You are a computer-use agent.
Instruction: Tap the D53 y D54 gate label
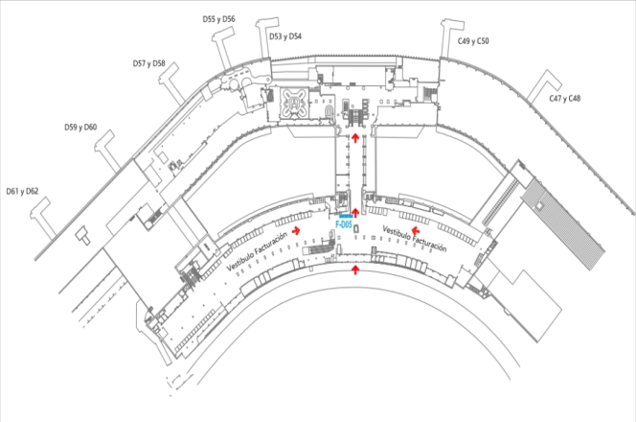(285, 35)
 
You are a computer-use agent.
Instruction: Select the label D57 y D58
(148, 63)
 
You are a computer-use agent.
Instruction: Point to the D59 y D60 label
(80, 128)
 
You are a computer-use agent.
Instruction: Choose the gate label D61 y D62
(22, 191)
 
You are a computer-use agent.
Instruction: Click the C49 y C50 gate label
(473, 41)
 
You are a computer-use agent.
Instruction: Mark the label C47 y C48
(564, 99)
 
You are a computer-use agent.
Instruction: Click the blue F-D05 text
(345, 226)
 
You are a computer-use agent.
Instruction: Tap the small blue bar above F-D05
(346, 219)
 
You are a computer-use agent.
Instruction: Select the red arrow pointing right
(298, 230)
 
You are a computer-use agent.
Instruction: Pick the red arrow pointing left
(414, 230)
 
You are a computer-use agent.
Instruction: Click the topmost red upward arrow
(355, 138)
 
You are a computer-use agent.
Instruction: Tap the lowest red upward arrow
(356, 270)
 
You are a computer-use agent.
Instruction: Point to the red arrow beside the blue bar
(355, 212)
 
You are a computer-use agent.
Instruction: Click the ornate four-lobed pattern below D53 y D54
(294, 100)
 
